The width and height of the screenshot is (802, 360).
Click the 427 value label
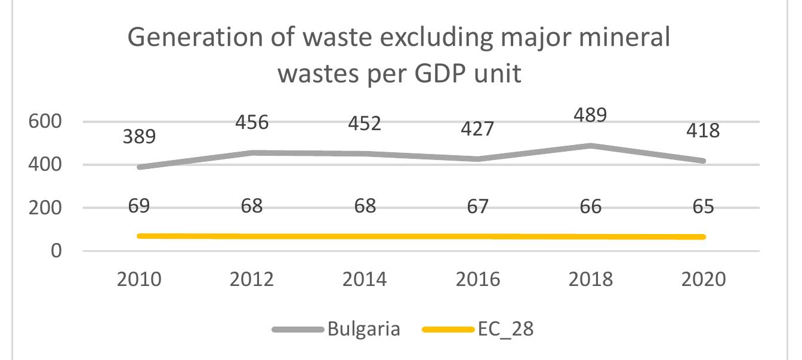(477, 128)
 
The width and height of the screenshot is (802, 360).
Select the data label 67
(477, 207)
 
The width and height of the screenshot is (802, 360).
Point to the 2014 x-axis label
(365, 279)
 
